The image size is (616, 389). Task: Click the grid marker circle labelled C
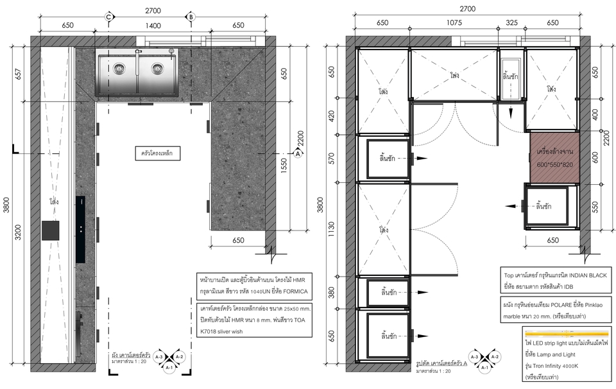109,17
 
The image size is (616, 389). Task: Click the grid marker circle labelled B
191,17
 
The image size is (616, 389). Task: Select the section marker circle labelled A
298,153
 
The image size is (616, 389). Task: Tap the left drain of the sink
119,69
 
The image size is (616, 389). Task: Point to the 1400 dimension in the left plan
153,26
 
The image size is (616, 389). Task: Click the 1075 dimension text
454,23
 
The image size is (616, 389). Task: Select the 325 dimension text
511,23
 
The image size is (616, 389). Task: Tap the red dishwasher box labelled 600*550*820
554,158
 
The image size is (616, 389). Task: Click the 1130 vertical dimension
331,229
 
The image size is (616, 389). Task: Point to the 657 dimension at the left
19,73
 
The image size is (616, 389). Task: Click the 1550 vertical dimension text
284,166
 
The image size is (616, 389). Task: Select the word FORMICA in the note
295,291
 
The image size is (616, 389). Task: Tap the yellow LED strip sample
567,334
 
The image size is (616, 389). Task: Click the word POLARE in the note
562,305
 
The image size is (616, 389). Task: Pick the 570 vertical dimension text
331,159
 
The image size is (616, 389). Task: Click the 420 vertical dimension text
331,116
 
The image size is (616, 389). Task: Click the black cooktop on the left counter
81,229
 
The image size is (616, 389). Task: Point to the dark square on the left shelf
51,230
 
